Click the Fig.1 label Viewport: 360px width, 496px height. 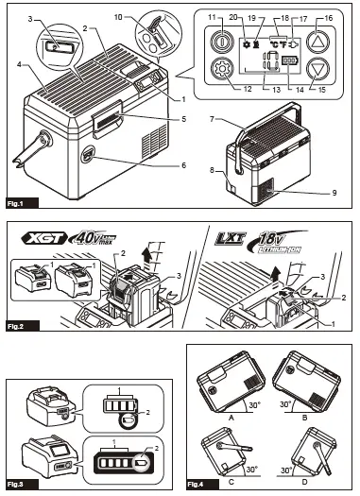pyautogui.click(x=19, y=203)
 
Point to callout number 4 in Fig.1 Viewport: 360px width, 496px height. pyautogui.click(x=18, y=64)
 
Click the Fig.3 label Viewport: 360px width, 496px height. pyautogui.click(x=19, y=484)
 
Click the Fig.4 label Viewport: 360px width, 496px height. pyautogui.click(x=200, y=484)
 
